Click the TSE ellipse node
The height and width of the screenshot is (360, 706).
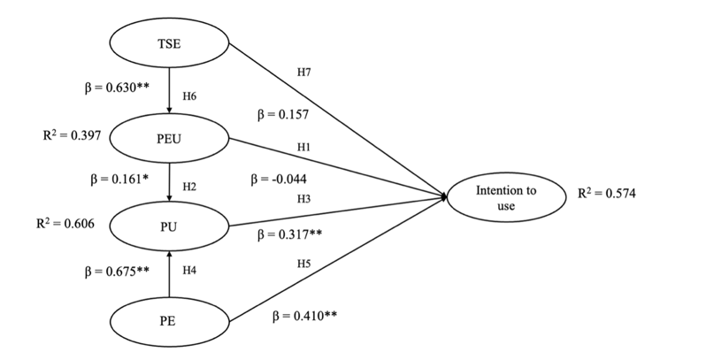coord(168,42)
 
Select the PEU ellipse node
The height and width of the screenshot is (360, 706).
coord(168,139)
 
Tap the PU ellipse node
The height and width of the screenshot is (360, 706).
coord(168,226)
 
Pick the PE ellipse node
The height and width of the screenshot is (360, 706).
coord(168,320)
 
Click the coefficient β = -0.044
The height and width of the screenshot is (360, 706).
coord(280,179)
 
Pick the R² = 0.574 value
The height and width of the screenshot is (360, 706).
coord(606,191)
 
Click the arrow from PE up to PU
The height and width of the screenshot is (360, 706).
coord(168,273)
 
